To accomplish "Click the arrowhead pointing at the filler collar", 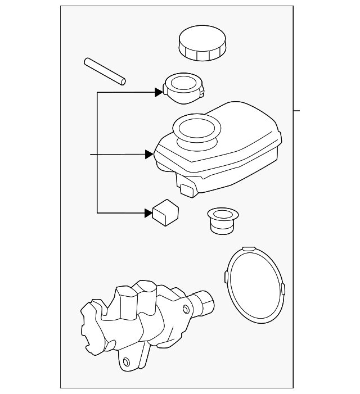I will tap(159, 92).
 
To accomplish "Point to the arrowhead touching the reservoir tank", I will tap(149, 153).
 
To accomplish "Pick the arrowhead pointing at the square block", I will tap(148, 212).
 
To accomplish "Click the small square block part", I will tap(165, 212).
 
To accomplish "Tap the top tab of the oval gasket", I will tap(247, 248).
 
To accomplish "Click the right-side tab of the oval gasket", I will tap(282, 289).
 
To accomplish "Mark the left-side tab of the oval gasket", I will tap(226, 276).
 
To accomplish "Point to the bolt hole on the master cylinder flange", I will tap(127, 361).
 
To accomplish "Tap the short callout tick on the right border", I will tap(297, 110).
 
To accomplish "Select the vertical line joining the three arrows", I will tap(97, 152).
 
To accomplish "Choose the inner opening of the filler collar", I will tap(182, 84).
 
